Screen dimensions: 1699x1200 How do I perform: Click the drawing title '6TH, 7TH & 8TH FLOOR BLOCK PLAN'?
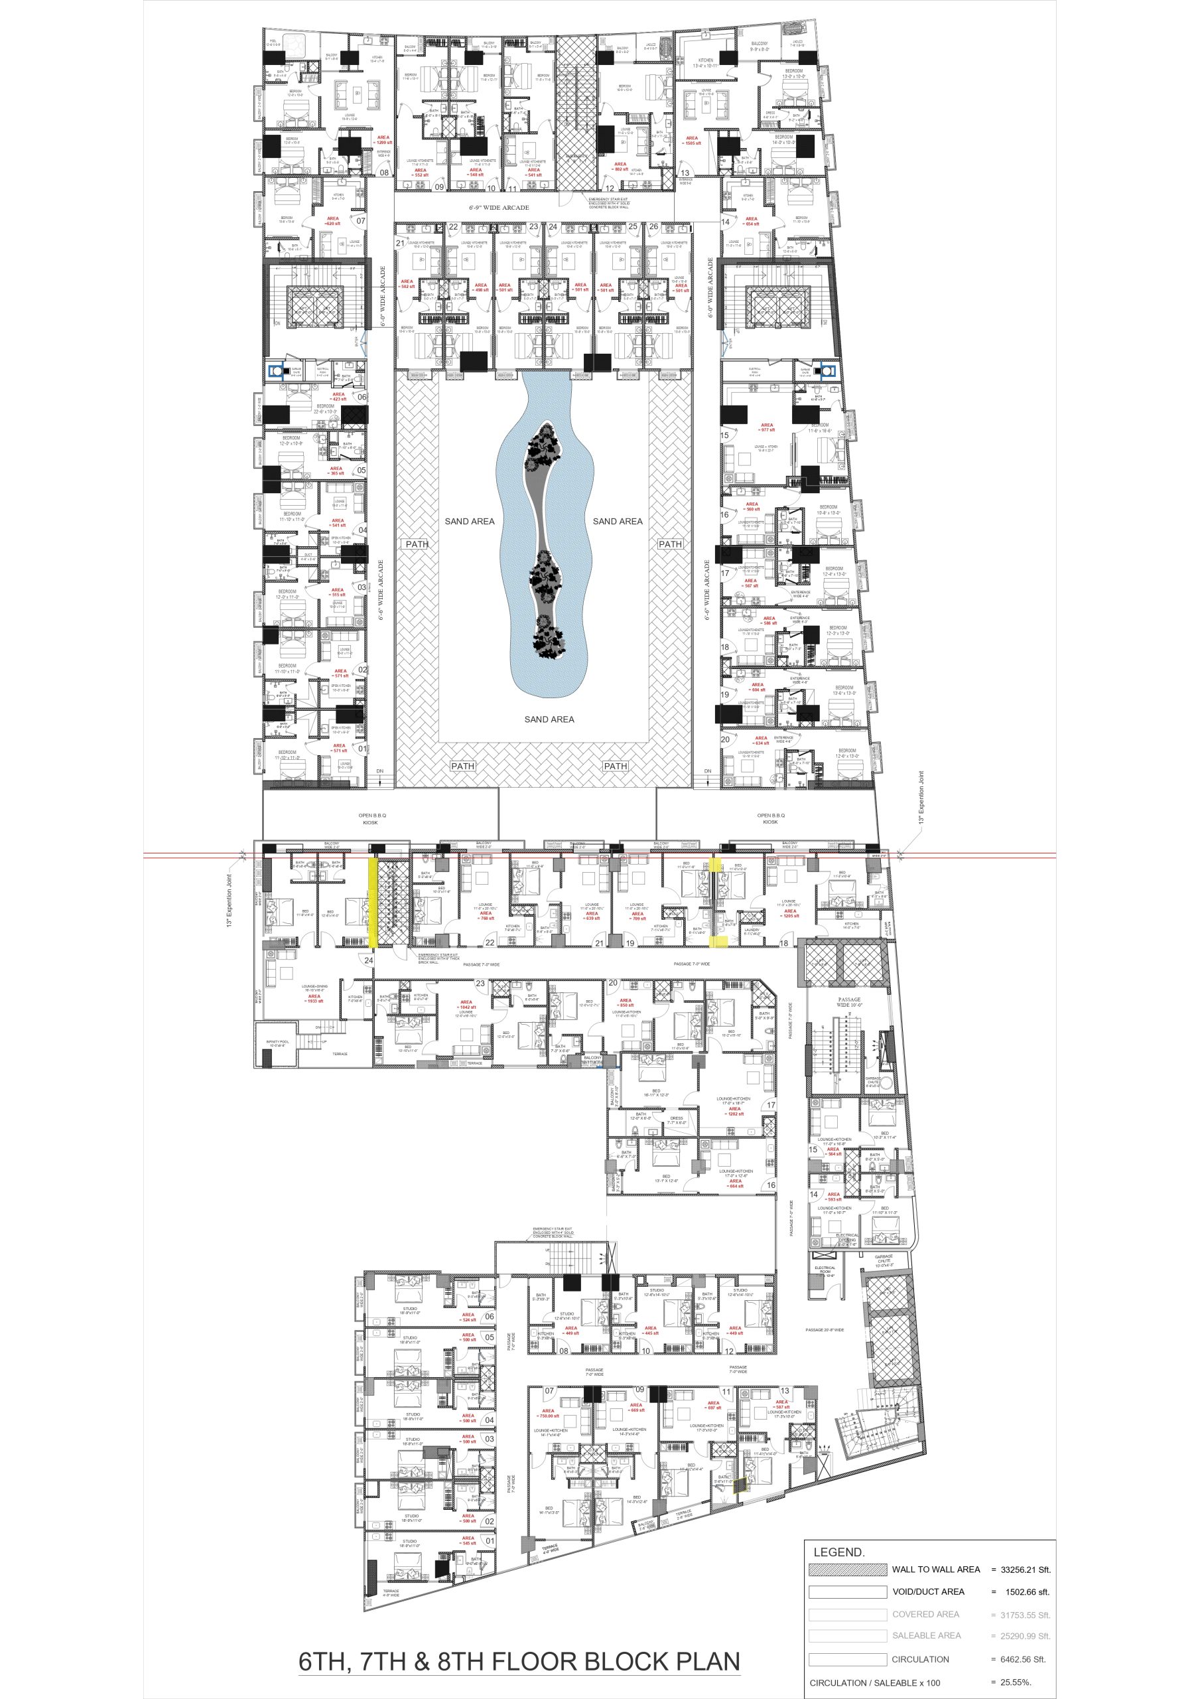click(519, 1661)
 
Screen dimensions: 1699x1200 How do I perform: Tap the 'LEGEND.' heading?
click(838, 1552)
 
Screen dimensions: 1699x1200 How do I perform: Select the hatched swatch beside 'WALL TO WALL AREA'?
click(847, 1569)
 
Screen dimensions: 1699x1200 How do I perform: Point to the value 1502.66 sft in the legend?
click(1026, 1591)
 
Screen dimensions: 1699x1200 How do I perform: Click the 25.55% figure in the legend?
click(1016, 1682)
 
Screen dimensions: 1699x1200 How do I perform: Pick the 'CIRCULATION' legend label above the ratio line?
click(919, 1659)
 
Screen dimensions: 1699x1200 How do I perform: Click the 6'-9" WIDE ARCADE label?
click(499, 207)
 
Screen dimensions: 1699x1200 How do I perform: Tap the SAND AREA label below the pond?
click(549, 719)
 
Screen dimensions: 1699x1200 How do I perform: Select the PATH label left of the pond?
click(417, 544)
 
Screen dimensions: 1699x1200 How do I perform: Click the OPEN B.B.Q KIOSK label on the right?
click(770, 818)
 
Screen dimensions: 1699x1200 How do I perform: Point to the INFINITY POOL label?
click(277, 1043)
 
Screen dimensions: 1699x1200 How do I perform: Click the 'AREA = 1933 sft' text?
click(314, 998)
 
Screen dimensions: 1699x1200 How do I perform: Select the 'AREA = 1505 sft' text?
click(692, 141)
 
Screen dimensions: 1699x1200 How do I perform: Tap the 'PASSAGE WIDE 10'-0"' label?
click(848, 1002)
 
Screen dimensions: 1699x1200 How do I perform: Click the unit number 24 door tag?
click(368, 960)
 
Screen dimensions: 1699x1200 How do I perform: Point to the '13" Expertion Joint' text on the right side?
click(922, 798)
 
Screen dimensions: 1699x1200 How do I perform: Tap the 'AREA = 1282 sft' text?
click(734, 1112)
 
